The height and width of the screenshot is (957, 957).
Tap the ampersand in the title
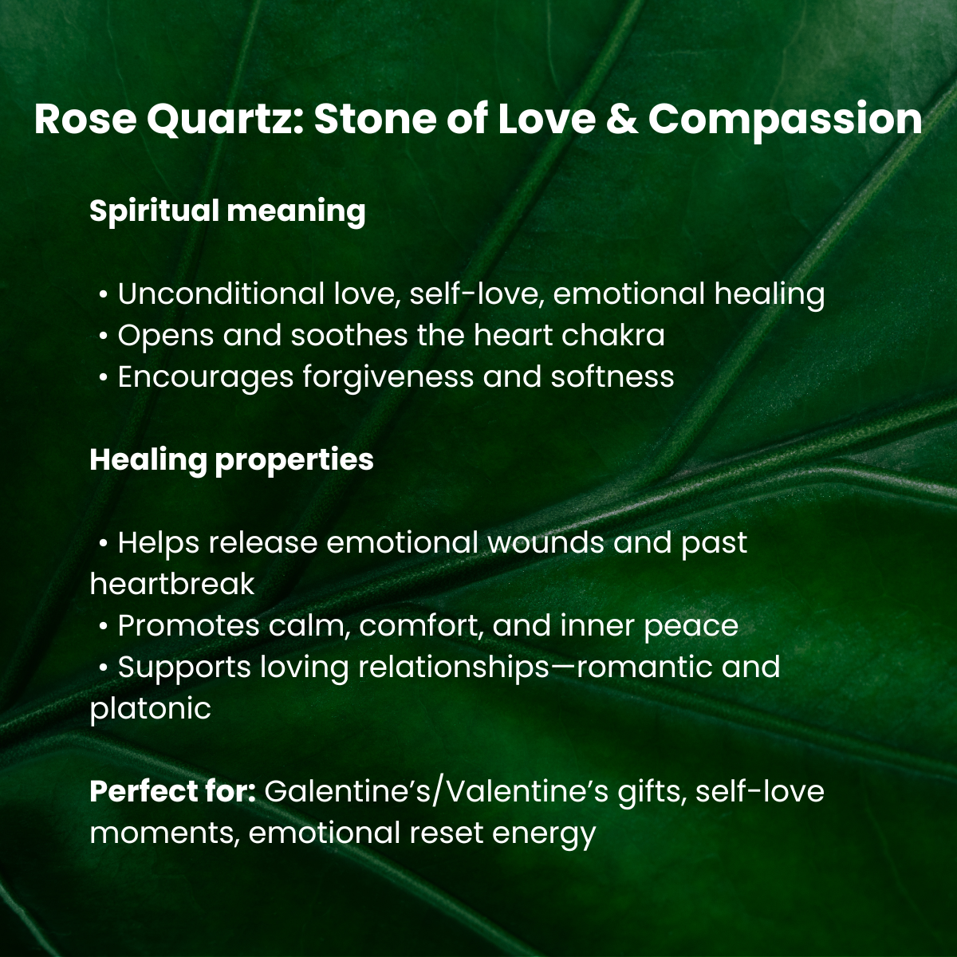[x=622, y=119]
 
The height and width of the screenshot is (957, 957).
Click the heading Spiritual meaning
[x=227, y=212]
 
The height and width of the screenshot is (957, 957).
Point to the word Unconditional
[x=221, y=293]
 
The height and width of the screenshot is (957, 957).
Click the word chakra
[x=612, y=335]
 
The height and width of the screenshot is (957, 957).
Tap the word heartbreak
[x=171, y=584]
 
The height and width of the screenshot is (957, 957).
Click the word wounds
[x=545, y=543]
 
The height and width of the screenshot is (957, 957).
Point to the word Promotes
[x=189, y=626]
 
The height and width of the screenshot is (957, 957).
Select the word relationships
[x=454, y=668]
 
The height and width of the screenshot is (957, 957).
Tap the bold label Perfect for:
[x=172, y=792]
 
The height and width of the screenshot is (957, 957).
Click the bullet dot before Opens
[x=104, y=337]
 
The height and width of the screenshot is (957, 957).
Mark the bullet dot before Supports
[x=104, y=668]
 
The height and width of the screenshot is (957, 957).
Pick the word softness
[x=612, y=376]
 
